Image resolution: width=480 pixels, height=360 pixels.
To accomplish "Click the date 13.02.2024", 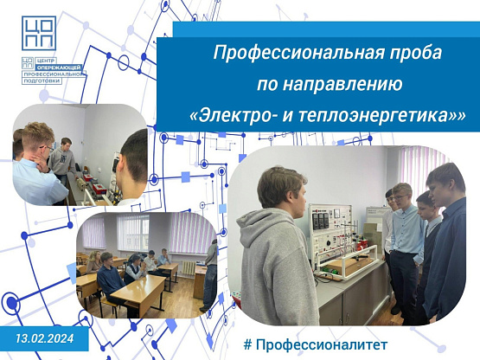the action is (x=45, y=338).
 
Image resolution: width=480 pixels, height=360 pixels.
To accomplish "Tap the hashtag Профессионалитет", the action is (x=316, y=344).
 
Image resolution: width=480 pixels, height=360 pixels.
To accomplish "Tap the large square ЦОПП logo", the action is (x=39, y=33).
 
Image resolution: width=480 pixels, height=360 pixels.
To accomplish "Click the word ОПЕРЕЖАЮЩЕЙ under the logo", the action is (x=59, y=67).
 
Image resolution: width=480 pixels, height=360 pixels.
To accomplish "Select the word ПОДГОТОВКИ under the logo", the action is (x=42, y=80).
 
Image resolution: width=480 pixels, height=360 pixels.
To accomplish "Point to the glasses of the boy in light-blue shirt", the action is (x=400, y=197).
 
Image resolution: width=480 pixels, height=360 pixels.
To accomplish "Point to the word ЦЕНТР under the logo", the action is (x=45, y=61).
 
